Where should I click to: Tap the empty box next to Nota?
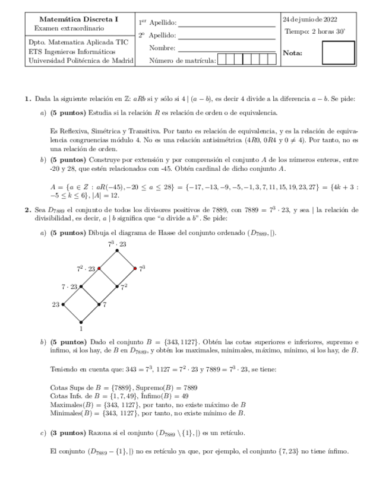338,53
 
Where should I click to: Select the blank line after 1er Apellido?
226,23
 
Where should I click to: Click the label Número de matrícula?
182,59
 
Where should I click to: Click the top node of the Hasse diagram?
117,251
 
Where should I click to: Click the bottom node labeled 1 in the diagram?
81,322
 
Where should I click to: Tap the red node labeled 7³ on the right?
135,269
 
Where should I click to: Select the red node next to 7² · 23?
99,269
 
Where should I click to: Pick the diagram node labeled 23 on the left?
64,304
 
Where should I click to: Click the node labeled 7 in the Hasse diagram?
99,304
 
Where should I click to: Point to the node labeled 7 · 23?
81,286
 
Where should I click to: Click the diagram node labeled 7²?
117,286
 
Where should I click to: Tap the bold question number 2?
28,209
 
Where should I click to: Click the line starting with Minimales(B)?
148,413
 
